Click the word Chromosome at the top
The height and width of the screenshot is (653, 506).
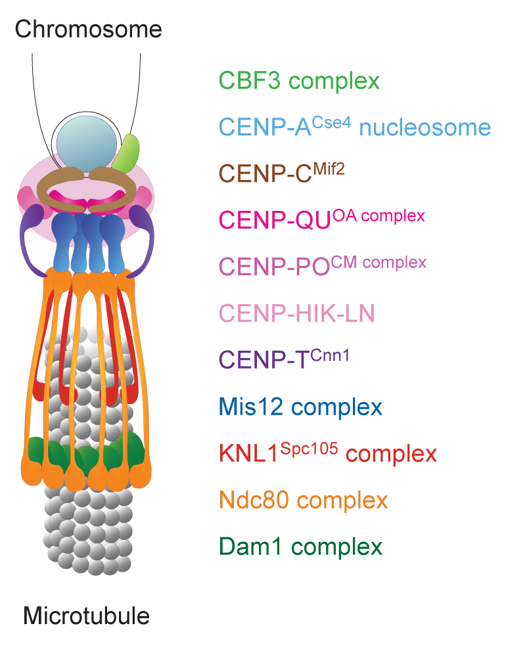pyautogui.click(x=88, y=29)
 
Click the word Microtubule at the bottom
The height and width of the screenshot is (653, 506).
pyautogui.click(x=86, y=616)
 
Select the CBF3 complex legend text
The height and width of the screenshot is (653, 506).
pyautogui.click(x=299, y=81)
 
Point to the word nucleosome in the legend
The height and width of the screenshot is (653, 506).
pyautogui.click(x=425, y=127)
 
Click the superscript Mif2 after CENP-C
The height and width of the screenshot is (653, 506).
pyautogui.click(x=328, y=168)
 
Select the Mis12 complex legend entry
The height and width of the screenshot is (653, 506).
pyautogui.click(x=300, y=407)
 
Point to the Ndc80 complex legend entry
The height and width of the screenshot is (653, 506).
pyautogui.click(x=303, y=501)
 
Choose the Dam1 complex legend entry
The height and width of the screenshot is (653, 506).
pyautogui.click(x=300, y=547)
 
